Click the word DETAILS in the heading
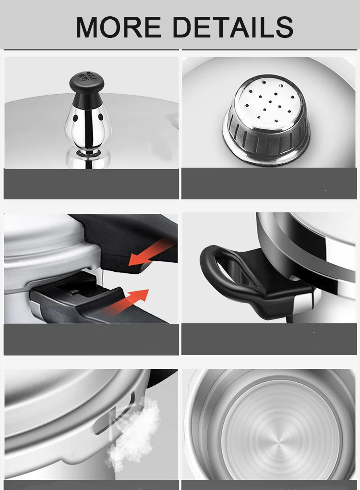(233, 27)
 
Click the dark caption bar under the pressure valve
(91, 184)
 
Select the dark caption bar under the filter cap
(269, 184)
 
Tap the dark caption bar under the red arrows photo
(91, 339)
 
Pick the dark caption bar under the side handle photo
(269, 339)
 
